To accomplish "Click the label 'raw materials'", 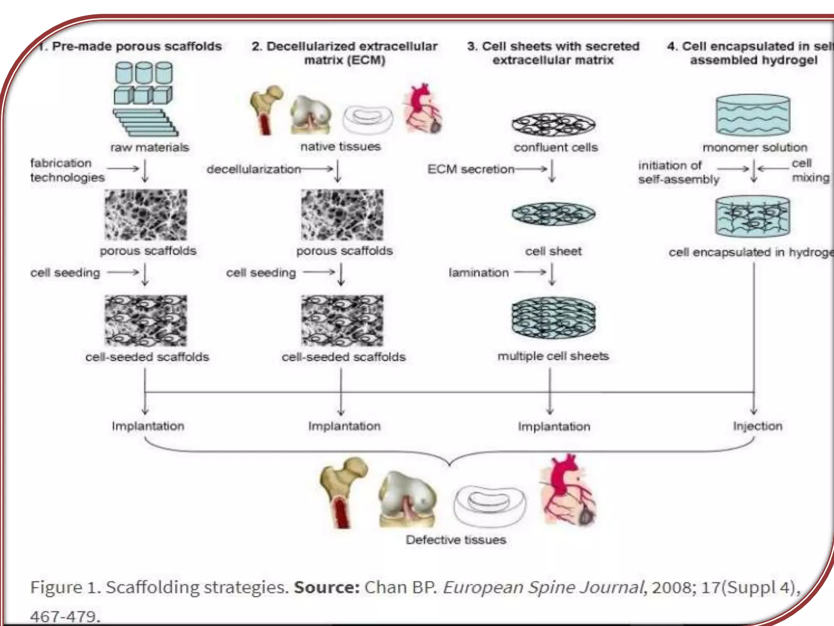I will pyautogui.click(x=149, y=147).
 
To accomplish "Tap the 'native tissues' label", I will pyautogui.click(x=340, y=146).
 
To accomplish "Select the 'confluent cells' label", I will pyautogui.click(x=555, y=147).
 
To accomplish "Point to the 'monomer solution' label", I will pyautogui.click(x=755, y=147).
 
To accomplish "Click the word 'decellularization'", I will pyautogui.click(x=254, y=169).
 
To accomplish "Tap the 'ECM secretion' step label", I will pyautogui.click(x=471, y=169).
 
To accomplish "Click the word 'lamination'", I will pyautogui.click(x=478, y=272).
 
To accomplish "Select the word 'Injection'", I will pyautogui.click(x=757, y=426).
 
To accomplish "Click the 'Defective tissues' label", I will pyautogui.click(x=456, y=540).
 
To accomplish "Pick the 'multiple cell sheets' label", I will pyautogui.click(x=553, y=356).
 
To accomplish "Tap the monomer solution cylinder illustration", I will pyautogui.click(x=753, y=115).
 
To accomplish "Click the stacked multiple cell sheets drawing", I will pyautogui.click(x=553, y=318).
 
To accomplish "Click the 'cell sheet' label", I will pyautogui.click(x=553, y=251).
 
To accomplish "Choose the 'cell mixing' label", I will pyautogui.click(x=809, y=170).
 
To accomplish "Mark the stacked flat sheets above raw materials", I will pyautogui.click(x=146, y=122).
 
